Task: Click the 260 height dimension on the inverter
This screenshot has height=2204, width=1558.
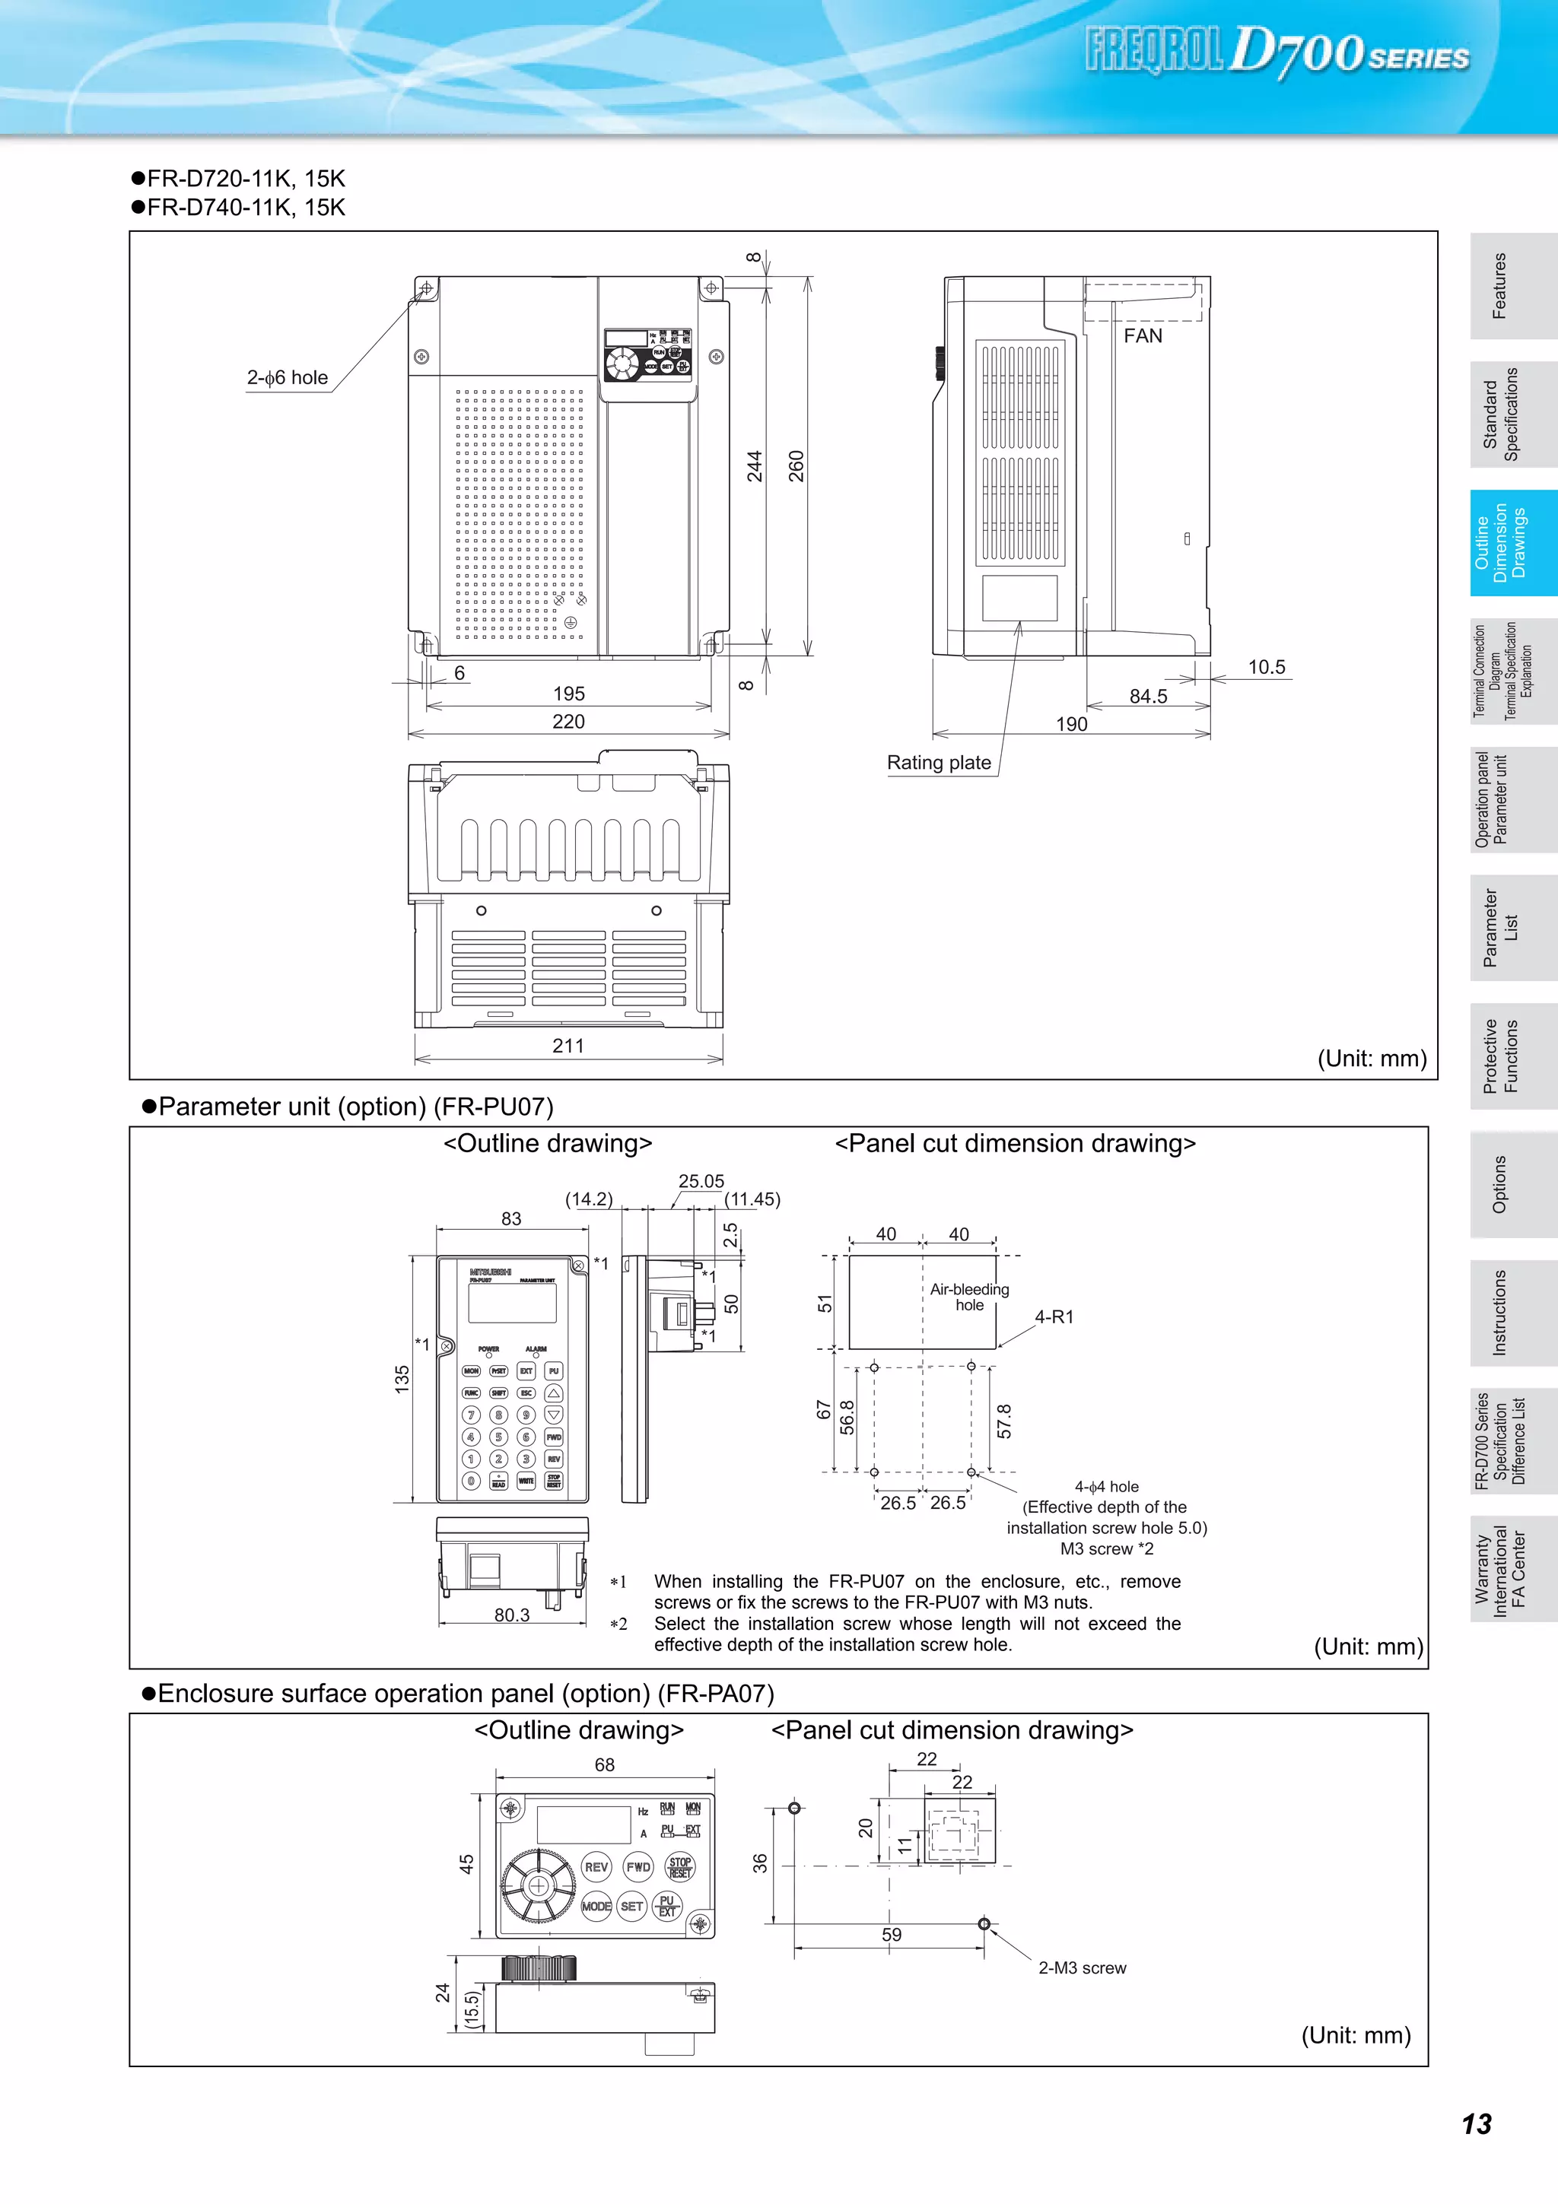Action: click(x=796, y=465)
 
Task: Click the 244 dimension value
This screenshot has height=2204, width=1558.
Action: click(x=755, y=465)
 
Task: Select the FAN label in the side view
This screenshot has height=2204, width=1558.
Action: click(x=1143, y=336)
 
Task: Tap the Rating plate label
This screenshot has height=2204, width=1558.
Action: click(x=938, y=762)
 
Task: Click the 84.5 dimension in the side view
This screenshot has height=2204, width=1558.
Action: click(x=1148, y=696)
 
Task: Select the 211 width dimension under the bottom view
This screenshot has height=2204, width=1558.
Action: click(x=568, y=1046)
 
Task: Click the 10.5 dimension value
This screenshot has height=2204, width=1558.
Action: click(x=1266, y=666)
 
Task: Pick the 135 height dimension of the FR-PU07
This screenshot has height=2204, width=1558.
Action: click(x=402, y=1379)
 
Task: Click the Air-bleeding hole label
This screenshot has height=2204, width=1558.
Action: click(x=968, y=1297)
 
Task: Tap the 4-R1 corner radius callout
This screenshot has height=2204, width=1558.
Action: click(x=1054, y=1317)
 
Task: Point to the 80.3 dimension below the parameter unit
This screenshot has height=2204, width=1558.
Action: click(x=512, y=1615)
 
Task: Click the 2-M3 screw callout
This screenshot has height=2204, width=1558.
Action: click(x=1082, y=1968)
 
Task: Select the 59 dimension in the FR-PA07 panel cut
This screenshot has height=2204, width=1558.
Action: click(x=891, y=1934)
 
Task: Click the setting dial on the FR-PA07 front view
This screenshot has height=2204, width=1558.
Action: click(x=539, y=1886)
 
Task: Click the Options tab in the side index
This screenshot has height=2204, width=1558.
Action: click(x=1499, y=1183)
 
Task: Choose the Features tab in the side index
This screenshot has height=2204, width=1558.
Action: click(x=1499, y=286)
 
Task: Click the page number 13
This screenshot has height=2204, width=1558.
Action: click(x=1477, y=2123)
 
